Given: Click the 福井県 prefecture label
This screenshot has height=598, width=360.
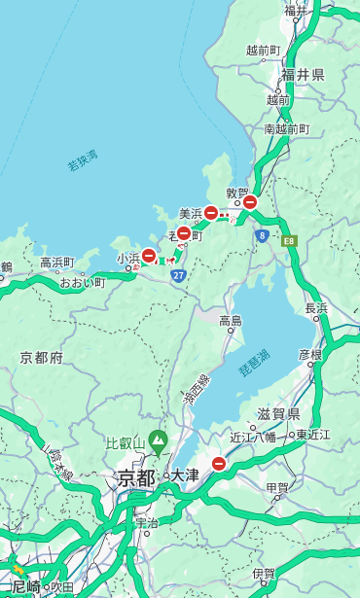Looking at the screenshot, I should click(303, 75).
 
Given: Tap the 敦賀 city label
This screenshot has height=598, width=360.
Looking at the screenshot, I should click(238, 193).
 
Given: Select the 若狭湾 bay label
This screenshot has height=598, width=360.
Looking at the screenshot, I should click(83, 160).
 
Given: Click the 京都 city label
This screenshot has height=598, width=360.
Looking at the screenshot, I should click(136, 477).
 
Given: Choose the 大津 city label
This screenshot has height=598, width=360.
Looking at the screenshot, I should click(185, 476).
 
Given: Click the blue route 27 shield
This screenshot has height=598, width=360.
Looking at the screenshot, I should click(178, 275).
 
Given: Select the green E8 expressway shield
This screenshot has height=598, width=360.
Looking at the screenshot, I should click(289, 240).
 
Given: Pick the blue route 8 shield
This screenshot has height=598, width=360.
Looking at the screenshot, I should click(262, 234).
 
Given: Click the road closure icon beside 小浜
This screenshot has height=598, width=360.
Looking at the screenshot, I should click(149, 256).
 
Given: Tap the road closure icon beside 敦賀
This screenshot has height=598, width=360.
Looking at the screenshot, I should click(250, 202).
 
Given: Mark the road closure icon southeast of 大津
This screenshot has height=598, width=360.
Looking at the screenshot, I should click(219, 464).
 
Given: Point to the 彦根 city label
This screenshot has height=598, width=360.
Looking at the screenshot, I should click(309, 354).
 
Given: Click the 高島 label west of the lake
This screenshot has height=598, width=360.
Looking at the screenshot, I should click(231, 321).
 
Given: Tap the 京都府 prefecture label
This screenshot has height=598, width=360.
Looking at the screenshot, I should click(42, 358).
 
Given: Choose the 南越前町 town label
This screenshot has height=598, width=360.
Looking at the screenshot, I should click(286, 128).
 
